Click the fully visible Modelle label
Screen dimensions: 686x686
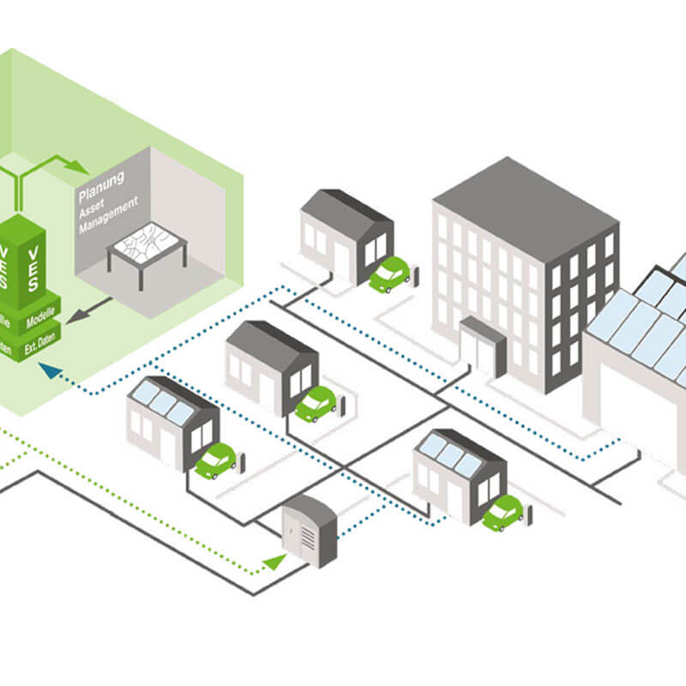(x=41, y=317)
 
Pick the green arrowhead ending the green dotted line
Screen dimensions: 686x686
(x=274, y=563)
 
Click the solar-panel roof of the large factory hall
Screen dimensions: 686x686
(x=647, y=317)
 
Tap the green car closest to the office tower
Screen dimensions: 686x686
(x=390, y=274)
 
